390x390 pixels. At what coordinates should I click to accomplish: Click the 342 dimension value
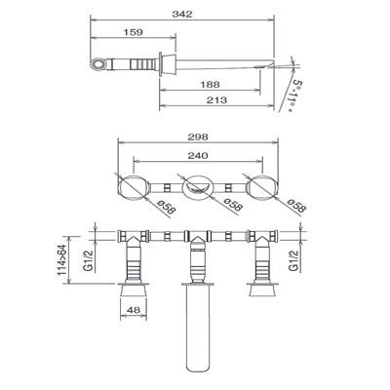[182, 14]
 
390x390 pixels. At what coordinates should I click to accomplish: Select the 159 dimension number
[133, 32]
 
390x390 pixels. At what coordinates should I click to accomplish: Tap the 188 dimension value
[210, 85]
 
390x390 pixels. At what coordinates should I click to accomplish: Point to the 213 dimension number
[216, 99]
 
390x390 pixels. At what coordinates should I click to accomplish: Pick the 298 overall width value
[198, 136]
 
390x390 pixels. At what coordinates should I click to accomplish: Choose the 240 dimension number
[198, 155]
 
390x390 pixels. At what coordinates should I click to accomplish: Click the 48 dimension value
[134, 310]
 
